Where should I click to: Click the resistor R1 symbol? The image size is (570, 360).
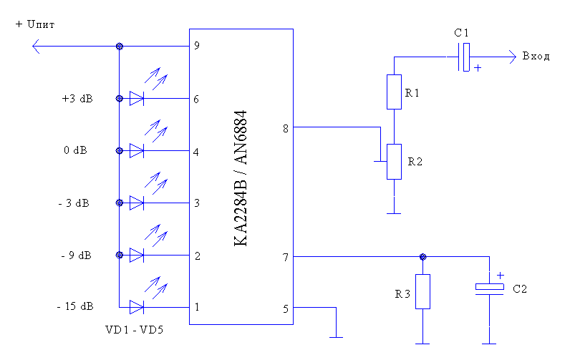(394, 92)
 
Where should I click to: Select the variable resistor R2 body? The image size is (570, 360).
(394, 161)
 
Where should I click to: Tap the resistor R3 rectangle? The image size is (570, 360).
(422, 291)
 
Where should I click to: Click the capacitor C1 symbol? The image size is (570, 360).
(464, 56)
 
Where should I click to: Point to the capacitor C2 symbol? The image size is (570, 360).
(489, 288)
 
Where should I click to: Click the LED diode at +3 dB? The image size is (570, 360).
(137, 99)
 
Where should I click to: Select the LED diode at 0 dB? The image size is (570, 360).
(137, 151)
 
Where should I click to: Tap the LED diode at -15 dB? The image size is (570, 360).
(137, 308)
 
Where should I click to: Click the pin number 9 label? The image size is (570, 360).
(195, 46)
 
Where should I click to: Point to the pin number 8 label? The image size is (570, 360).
(286, 128)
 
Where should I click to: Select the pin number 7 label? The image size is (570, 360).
(286, 257)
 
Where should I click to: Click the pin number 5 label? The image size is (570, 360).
(286, 308)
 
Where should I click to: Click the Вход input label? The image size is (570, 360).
(536, 57)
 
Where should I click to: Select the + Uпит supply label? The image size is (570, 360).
(35, 24)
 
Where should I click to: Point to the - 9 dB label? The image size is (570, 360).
(74, 256)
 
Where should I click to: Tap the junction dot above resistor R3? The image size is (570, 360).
(422, 256)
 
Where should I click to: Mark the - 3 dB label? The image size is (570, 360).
(74, 203)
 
